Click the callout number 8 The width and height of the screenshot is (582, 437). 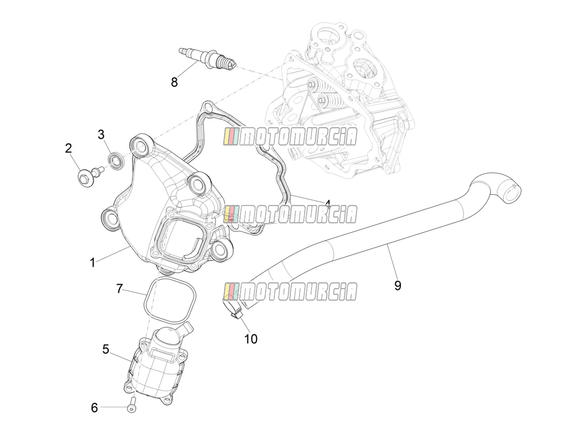174,82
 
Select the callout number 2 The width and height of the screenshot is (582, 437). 69,148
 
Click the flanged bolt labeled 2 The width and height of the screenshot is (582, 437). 90,176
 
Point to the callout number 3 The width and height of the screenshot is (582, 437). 101,135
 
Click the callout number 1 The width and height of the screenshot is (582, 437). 93,262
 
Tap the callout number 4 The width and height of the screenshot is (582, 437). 328,204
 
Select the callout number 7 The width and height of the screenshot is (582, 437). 119,289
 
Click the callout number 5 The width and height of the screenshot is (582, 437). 105,350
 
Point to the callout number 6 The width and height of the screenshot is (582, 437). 94,408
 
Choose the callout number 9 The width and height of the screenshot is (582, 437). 397,286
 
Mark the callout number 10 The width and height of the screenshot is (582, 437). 251,339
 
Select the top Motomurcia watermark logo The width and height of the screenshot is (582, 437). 290,136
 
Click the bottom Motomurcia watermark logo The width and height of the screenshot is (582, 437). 290,291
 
